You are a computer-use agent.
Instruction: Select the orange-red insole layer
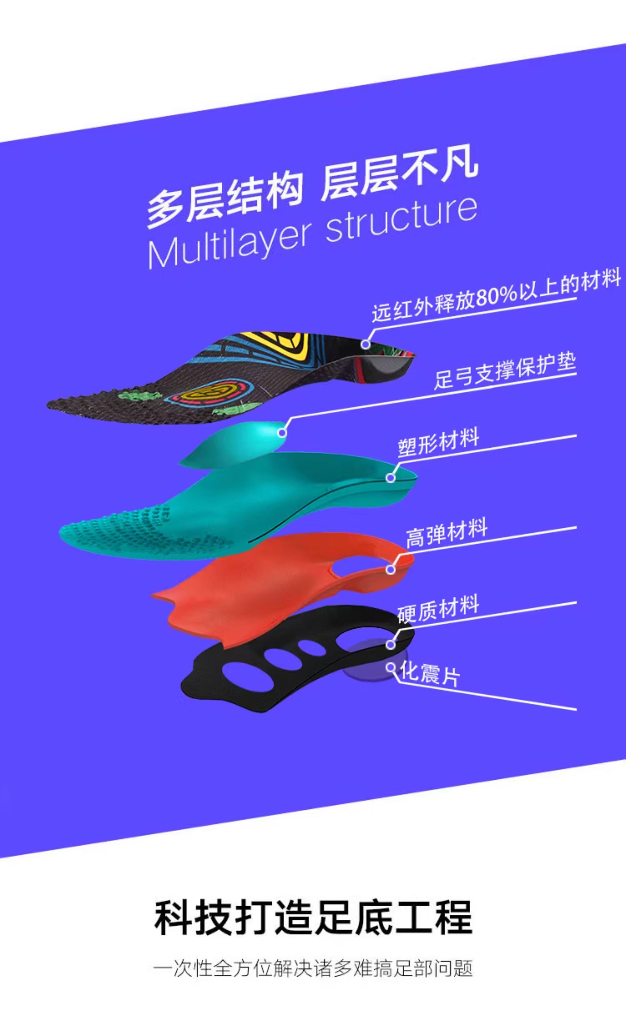click(x=265, y=589)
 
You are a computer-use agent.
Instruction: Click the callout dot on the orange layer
click(x=390, y=570)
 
